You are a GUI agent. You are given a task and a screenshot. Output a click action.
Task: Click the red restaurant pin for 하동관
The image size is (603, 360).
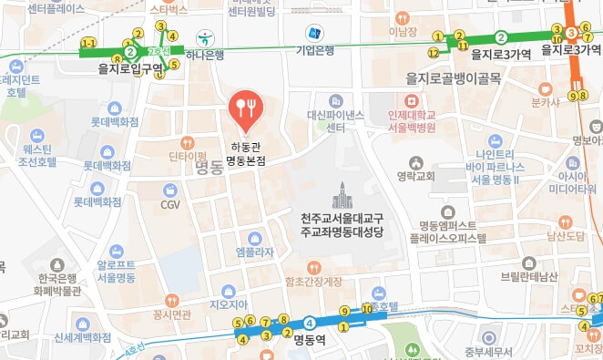coord(245,108)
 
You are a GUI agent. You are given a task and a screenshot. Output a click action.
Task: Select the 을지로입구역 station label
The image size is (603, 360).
coord(130,67)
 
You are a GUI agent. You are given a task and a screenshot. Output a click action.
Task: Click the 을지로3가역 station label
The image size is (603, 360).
coord(499,54)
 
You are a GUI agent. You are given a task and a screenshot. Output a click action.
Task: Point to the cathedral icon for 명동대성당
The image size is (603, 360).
coord(342,194)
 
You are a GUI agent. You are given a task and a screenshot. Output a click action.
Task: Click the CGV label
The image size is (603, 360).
coord(170,205)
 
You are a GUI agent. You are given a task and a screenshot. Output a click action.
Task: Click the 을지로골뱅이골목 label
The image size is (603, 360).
coord(453,78)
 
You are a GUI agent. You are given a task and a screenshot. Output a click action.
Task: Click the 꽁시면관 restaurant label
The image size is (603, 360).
coord(172,314)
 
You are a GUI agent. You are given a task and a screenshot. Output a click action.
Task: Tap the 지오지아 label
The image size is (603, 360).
coord(229,304)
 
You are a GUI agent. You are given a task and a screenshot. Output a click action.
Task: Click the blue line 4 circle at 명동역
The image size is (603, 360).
coord(311,322)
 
